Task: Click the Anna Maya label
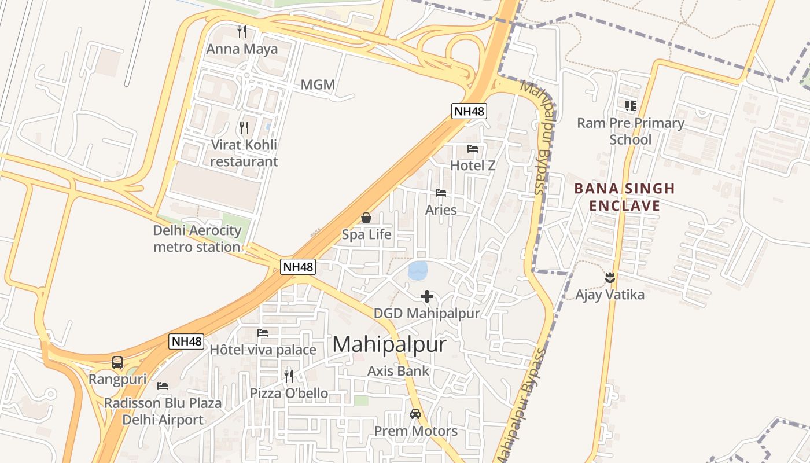(x=242, y=49)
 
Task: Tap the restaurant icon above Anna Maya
(x=242, y=31)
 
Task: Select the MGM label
(x=318, y=84)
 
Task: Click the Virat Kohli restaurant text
(x=244, y=153)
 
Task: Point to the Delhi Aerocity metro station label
(x=197, y=238)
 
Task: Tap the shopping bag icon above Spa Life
(x=366, y=218)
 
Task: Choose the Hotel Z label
(x=473, y=165)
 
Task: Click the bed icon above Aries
(x=441, y=193)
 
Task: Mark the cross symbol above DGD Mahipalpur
(x=427, y=296)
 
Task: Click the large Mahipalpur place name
(x=389, y=344)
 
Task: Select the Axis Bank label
(x=399, y=371)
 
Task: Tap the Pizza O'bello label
(x=289, y=394)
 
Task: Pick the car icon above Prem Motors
(x=415, y=414)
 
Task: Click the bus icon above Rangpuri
(x=117, y=363)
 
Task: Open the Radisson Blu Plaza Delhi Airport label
(x=163, y=411)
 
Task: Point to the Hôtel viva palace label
(x=263, y=350)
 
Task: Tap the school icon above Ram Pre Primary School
(x=630, y=105)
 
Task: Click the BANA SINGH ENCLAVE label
(x=624, y=197)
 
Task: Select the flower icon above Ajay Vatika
(x=609, y=278)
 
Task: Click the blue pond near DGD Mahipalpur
(x=418, y=270)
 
